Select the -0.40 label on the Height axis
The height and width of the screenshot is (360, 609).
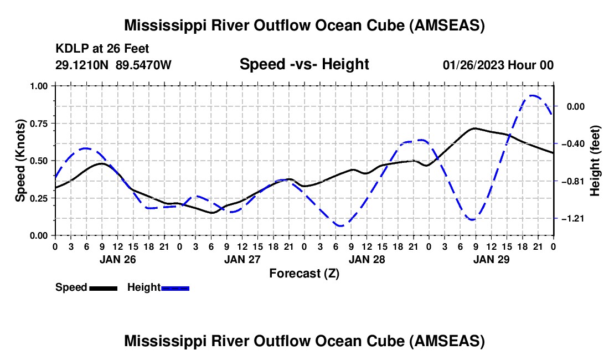point(574,143)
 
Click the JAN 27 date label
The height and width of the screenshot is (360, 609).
point(242,259)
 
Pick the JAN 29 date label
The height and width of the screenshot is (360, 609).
point(491,259)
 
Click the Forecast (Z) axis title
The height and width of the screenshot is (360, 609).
point(304,274)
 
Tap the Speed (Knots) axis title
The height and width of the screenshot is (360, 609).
point(20,161)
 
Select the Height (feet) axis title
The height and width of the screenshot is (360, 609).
point(595,161)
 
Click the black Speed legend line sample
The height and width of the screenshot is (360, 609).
point(104,288)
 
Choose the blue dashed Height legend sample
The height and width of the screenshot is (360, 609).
point(175,288)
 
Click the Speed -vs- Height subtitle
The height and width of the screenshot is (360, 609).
point(304,64)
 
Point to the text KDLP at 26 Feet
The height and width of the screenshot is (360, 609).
point(102,49)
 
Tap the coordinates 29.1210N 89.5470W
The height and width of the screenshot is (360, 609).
point(113,65)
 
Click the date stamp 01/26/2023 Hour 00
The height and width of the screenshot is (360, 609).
point(498,65)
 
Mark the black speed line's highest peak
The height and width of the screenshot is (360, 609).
point(474,128)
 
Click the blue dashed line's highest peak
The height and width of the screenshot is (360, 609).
point(533,95)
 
